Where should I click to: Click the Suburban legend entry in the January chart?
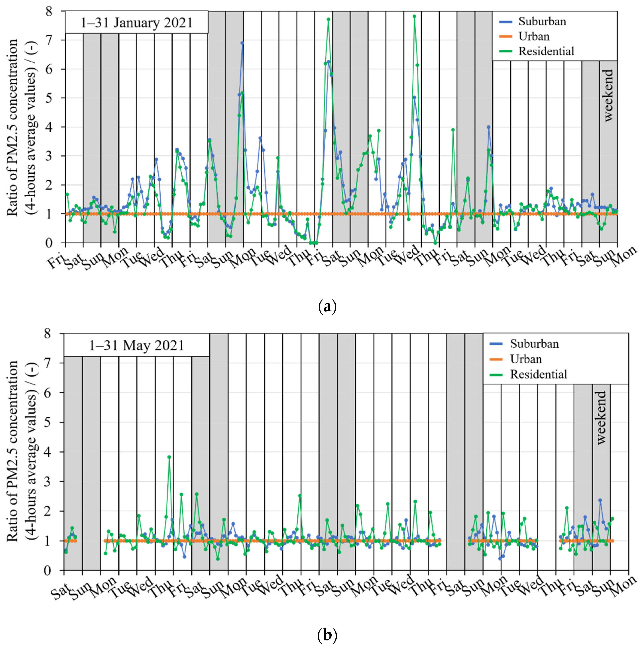(x=542, y=22)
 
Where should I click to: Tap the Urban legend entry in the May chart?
(x=526, y=359)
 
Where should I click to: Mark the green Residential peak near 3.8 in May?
(x=169, y=457)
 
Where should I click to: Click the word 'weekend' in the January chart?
(x=608, y=95)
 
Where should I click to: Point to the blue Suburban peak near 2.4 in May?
(x=600, y=500)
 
